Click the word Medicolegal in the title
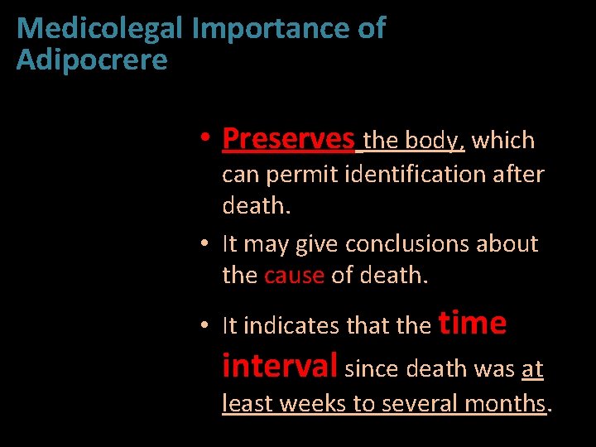(x=100, y=29)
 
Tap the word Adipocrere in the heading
(x=92, y=60)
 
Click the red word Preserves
(x=288, y=139)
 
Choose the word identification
(x=431, y=175)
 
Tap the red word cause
(x=294, y=275)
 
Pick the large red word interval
(x=280, y=365)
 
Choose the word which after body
(x=503, y=141)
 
